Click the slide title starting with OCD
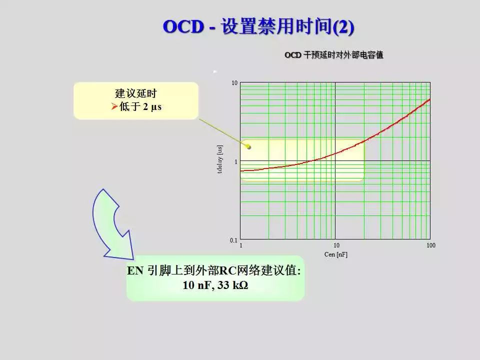point(258,26)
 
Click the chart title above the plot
point(333,55)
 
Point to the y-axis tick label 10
point(234,83)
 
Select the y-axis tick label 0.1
point(233,240)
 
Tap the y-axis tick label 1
point(235,161)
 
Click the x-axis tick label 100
point(430,245)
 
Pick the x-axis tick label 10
point(336,245)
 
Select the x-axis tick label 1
point(241,245)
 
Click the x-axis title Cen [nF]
point(336,254)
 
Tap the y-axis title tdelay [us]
point(219,159)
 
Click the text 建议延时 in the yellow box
point(136,93)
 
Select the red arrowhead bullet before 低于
point(114,106)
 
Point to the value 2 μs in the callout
point(152,107)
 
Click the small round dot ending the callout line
point(249,147)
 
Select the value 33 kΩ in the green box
point(232,285)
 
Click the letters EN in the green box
point(135,270)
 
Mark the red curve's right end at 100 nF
point(430,99)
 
